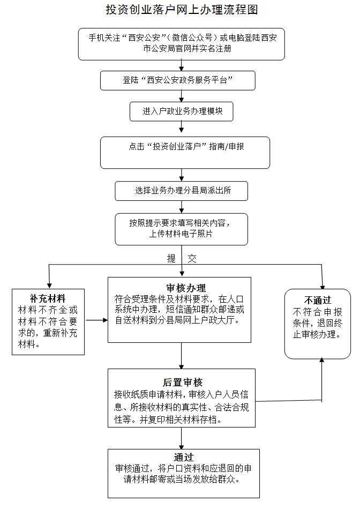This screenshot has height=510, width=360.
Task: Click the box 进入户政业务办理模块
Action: tap(182, 111)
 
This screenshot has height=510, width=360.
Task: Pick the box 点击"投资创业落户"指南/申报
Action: tap(185, 152)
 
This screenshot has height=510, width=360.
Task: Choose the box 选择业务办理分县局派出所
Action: tap(182, 190)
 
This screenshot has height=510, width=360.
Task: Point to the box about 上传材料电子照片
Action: tap(182, 229)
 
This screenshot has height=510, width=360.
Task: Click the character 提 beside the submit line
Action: tap(171, 258)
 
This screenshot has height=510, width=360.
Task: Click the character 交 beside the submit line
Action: tap(192, 258)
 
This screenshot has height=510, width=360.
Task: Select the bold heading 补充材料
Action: tap(48, 298)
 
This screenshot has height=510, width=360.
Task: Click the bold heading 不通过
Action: tap(318, 300)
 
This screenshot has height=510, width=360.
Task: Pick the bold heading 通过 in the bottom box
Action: tap(183, 457)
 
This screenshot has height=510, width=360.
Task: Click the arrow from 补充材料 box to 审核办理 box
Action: tap(96, 321)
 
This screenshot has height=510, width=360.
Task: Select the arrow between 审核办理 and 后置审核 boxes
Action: tap(182, 356)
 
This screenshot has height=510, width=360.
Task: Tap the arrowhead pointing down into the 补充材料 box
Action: tap(49, 284)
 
